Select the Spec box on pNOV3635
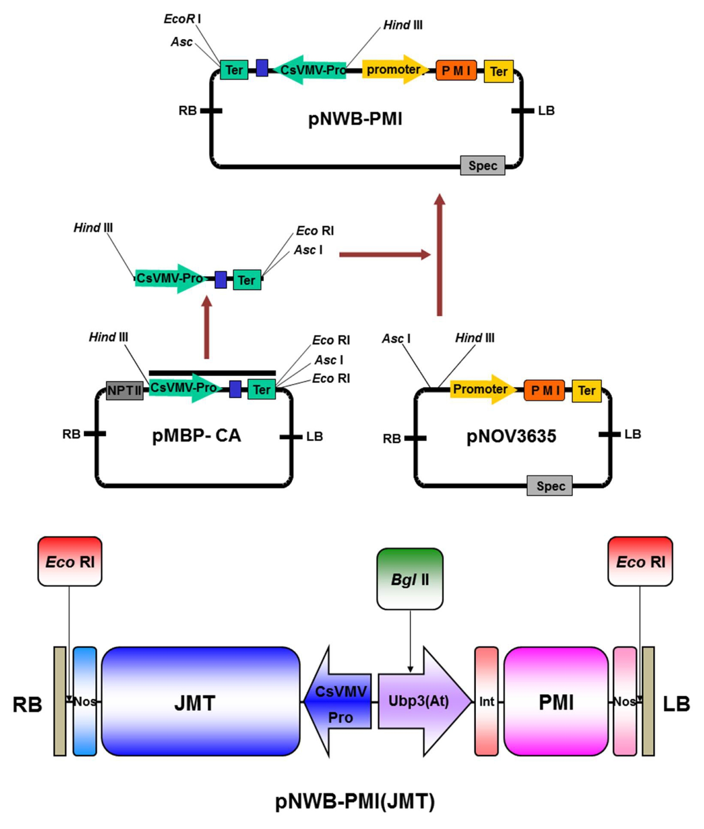pos(549,486)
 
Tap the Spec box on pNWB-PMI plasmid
pos(482,165)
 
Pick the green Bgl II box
pos(410,579)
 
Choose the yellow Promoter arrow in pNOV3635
pos(483,389)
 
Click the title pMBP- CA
pos(196,435)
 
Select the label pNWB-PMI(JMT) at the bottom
pos(355,801)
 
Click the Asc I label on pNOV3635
pos(396,338)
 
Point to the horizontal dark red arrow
pos(385,254)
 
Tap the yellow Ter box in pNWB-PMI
pos(499,72)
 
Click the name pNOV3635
pos(511,436)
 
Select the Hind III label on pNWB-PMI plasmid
pos(403,25)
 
